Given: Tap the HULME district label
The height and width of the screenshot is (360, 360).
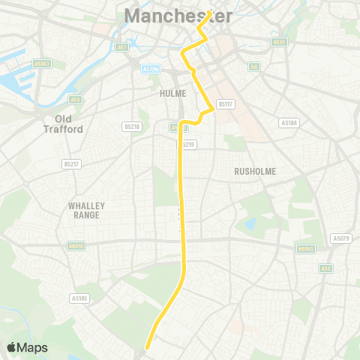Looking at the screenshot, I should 172,93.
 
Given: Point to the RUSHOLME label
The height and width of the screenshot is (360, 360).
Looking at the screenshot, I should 256,171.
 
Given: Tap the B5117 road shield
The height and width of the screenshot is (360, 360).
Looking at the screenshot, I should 225,104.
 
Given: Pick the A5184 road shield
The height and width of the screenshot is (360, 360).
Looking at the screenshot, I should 289,122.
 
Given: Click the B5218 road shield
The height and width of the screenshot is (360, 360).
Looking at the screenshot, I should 132,127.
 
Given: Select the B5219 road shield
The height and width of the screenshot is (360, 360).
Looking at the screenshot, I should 187,144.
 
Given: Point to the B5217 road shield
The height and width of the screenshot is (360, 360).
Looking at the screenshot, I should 72,163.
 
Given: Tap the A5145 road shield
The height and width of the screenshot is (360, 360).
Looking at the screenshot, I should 79,298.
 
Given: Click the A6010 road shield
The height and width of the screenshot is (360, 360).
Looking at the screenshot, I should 76,245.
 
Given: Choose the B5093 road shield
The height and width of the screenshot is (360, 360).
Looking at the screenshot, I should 305,248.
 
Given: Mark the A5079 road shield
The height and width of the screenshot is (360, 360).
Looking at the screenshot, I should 341,238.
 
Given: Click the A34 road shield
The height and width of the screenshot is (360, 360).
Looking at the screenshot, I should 325,268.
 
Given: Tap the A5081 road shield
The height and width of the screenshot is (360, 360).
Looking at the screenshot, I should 42,64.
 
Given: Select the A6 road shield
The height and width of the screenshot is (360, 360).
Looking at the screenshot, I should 254,67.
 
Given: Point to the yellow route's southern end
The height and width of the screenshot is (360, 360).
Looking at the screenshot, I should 147,346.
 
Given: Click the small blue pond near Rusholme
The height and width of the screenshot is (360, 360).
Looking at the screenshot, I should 250,223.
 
